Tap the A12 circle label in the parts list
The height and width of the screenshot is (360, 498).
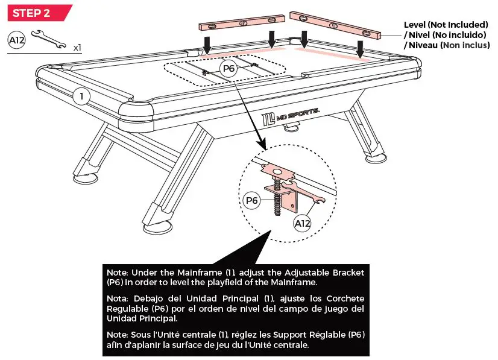pos(16,40)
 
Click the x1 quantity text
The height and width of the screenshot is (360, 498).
pos(77,47)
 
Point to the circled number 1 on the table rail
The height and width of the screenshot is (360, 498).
pos(81,95)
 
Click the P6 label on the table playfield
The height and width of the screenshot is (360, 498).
pos(229,69)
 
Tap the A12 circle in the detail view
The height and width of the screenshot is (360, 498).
pos(303,224)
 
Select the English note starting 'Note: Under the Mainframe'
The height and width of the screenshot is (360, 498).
pos(235,277)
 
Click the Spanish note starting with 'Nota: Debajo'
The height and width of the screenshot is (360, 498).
pos(235,308)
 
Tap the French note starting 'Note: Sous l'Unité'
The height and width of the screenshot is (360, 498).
pos(235,339)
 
